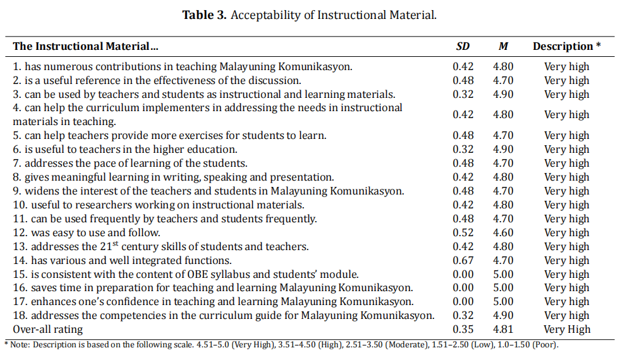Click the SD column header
coord(463,46)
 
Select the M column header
coord(503,46)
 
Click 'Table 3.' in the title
coord(204,15)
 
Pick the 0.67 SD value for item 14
coord(463,260)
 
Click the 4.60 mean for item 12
coord(503,232)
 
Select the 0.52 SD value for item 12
coord(463,232)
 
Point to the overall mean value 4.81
coord(503,329)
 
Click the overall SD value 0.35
coord(463,329)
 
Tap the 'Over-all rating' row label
coord(48,329)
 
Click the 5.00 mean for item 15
coord(503,274)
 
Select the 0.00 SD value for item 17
coord(463,301)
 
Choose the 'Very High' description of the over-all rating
coord(567,329)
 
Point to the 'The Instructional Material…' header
coord(85,46)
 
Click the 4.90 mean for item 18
coord(503,315)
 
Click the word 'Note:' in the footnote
coord(19,345)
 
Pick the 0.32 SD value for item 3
coord(463,94)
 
